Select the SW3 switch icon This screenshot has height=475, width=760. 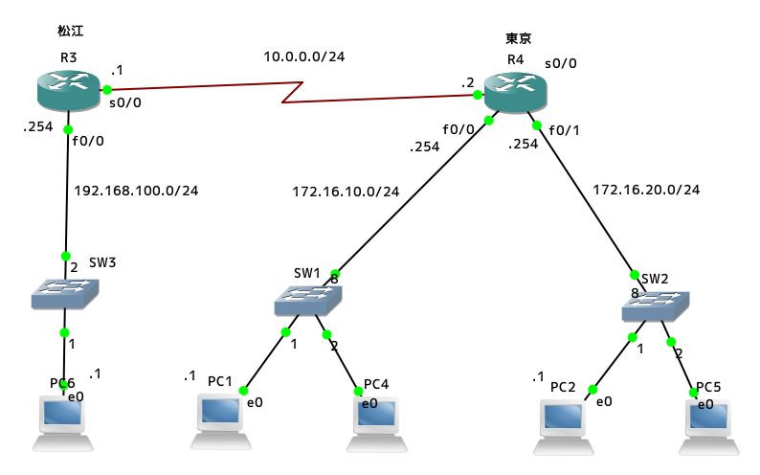coord(64,294)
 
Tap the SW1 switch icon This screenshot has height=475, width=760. coord(306,302)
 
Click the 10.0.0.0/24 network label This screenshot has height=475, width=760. coord(304,57)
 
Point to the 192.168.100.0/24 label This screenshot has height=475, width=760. coord(137,190)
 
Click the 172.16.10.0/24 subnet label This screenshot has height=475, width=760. coord(346,192)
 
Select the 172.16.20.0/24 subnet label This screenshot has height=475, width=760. coord(646,190)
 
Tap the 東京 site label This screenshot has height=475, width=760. coord(518,38)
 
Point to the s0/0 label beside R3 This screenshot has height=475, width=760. coord(126,103)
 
